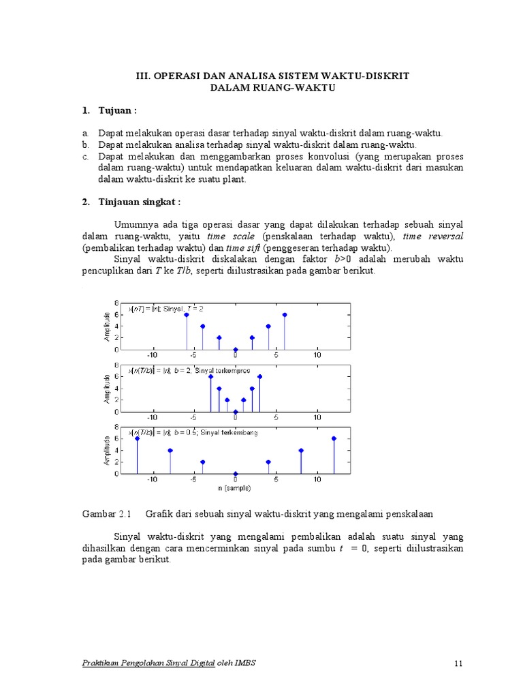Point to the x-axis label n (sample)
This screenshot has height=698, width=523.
tap(235, 488)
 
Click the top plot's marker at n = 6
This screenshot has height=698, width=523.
tap(285, 314)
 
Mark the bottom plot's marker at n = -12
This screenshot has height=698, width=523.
tap(137, 438)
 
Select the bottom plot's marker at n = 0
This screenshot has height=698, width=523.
tap(236, 474)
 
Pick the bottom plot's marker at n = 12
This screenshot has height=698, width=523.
tap(334, 438)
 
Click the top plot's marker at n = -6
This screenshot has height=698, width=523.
tap(186, 314)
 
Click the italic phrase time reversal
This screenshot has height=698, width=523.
tap(433, 237)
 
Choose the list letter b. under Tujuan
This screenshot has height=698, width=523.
tap(86, 145)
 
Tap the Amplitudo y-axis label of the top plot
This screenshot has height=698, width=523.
tap(107, 327)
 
